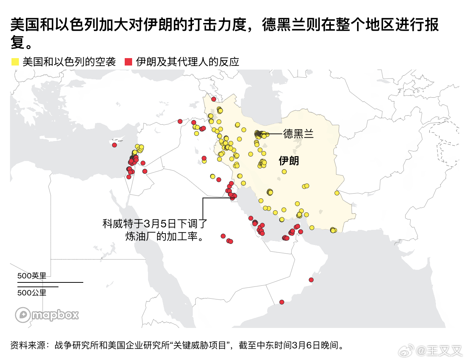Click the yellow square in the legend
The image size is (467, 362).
[15, 62]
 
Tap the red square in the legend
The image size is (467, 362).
[128, 62]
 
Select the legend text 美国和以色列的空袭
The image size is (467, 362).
[69, 62]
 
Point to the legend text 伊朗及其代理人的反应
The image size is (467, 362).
[188, 62]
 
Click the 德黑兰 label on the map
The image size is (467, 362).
[298, 134]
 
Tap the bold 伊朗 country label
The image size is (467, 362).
[289, 161]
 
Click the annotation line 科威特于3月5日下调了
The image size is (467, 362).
[155, 224]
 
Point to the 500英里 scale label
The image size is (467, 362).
[32, 276]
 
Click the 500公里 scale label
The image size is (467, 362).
[32, 293]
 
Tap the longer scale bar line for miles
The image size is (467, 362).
[50, 282]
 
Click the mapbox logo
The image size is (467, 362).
[47, 315]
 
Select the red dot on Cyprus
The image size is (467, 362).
[115, 145]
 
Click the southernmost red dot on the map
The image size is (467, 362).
[282, 302]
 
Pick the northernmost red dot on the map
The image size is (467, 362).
[214, 99]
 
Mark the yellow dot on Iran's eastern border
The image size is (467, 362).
[337, 193]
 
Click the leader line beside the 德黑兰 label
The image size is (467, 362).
[274, 134]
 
